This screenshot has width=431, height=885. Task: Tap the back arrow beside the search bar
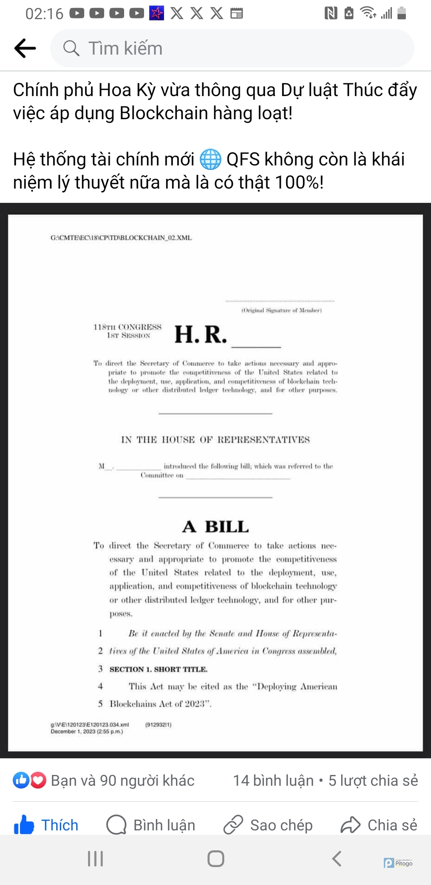25,48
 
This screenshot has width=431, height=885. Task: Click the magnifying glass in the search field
71,48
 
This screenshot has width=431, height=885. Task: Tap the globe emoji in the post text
210,159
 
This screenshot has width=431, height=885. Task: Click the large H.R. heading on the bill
201,334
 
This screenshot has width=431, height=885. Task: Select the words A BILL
215,527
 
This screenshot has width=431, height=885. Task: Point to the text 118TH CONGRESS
128,327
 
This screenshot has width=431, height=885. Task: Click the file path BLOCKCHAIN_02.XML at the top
121,238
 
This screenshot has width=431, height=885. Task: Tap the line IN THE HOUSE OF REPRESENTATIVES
215,440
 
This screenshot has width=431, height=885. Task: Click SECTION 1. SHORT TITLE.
158,669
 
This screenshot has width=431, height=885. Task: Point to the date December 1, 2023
87,732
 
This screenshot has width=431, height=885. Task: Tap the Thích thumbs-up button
46,825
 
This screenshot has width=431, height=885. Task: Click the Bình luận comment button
151,825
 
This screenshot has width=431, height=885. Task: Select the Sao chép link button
268,825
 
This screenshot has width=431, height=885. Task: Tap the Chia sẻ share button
379,825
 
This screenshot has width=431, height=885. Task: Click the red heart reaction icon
38,781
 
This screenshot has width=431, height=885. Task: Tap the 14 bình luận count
273,781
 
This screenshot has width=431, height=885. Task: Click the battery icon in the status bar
402,13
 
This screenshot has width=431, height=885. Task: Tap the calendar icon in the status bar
237,13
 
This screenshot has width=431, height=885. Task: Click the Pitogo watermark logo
398,863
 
